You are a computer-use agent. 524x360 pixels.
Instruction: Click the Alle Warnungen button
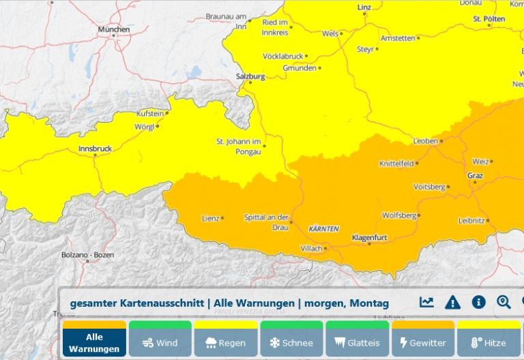pos(94,342)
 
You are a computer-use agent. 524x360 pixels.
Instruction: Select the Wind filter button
pos(160,342)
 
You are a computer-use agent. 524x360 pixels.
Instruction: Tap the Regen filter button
pos(225,342)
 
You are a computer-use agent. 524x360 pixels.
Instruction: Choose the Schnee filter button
pos(291,342)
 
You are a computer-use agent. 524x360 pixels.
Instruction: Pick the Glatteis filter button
pos(358,342)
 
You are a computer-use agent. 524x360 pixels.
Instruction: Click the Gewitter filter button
pos(423,342)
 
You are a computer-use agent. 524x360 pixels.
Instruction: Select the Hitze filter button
pos(489,342)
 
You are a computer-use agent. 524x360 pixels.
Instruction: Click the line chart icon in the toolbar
pos(426,302)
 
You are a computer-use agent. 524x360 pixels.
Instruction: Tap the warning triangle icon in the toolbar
pos(452,302)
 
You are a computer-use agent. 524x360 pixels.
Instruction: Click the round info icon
pos(478,302)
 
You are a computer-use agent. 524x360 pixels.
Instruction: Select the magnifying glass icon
pos(504,302)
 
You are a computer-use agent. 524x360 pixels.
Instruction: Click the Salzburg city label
pos(250,76)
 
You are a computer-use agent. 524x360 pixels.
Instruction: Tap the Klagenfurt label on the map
pos(369,237)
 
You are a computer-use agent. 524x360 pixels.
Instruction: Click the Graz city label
pos(475,175)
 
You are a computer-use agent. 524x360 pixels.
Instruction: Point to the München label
pos(113,30)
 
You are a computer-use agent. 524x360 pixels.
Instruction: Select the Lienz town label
pos(210,218)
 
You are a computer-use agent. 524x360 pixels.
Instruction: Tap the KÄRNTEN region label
pos(323,228)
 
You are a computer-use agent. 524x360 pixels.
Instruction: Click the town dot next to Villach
pos(325,248)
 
